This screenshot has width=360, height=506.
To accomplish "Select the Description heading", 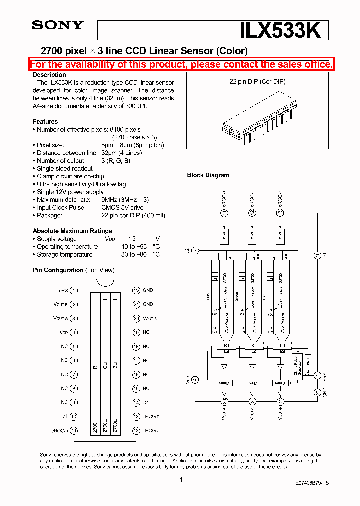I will (x=49, y=75).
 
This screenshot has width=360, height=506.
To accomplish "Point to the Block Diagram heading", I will (x=208, y=175).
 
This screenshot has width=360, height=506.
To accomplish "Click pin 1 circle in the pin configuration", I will (x=74, y=290).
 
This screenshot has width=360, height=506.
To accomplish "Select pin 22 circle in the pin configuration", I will (x=136, y=290).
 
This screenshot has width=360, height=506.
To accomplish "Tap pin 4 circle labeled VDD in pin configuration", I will (x=74, y=332).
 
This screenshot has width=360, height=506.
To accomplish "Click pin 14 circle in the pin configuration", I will (x=136, y=402).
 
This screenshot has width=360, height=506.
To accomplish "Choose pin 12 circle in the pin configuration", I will (x=136, y=430).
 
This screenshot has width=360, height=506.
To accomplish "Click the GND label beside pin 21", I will (x=148, y=304).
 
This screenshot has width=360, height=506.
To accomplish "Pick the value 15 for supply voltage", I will (x=132, y=239).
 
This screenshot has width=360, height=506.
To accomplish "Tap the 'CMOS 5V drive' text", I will (x=122, y=207).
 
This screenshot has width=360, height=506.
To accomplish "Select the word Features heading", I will (x=45, y=122).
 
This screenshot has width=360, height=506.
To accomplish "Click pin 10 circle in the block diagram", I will (x=317, y=255).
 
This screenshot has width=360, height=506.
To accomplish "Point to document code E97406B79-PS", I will (x=305, y=483).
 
